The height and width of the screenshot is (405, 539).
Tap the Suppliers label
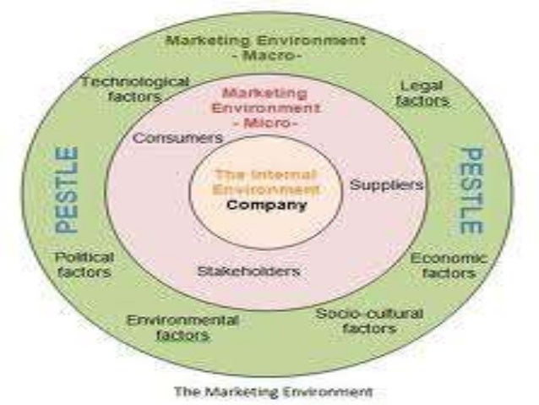tap(386, 184)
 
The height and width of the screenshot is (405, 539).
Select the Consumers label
tap(178, 137)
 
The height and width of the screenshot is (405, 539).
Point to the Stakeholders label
tap(248, 271)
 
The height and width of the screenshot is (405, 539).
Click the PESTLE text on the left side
tap(68, 189)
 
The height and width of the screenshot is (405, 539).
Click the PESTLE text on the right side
tap(471, 191)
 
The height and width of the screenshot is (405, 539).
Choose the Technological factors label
tap(134, 90)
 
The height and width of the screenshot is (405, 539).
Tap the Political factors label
tap(83, 265)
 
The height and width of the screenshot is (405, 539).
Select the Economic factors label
tap(449, 265)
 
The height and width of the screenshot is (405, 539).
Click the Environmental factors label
tap(182, 328)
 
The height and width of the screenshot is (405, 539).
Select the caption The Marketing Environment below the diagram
tap(272, 391)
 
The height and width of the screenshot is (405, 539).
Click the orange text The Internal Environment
tap(265, 183)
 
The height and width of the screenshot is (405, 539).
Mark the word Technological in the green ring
tap(134, 81)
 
